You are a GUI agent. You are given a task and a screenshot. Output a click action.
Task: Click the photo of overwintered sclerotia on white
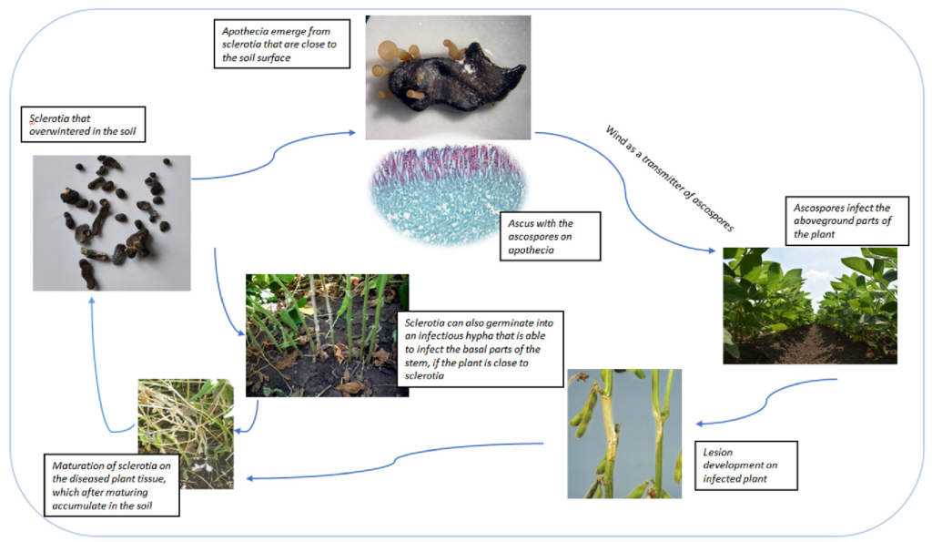click(x=112, y=222)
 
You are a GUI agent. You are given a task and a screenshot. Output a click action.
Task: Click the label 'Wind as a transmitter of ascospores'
click(x=669, y=179)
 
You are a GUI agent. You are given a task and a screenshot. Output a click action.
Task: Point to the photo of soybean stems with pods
click(x=624, y=433)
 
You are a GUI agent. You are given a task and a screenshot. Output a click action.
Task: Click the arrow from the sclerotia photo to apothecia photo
click(x=273, y=159)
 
